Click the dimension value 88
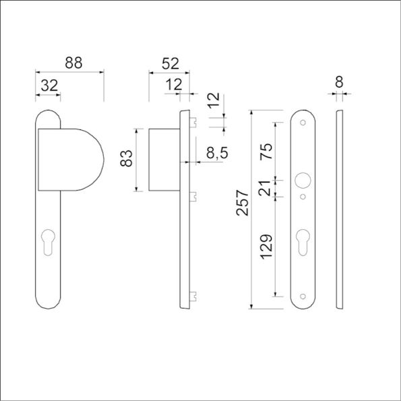tap(74, 63)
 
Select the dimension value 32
tap(49, 86)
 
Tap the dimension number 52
tap(171, 63)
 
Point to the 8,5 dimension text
tap(217, 154)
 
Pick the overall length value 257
tap(241, 203)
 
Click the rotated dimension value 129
tap(266, 247)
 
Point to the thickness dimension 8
tap(339, 82)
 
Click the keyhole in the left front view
tap(48, 242)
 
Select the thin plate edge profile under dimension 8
tap(339, 209)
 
